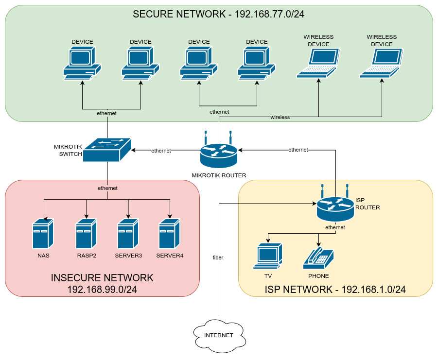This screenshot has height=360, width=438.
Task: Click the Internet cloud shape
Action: pyautogui.click(x=218, y=335)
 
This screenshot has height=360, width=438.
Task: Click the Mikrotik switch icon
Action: pyautogui.click(x=107, y=150)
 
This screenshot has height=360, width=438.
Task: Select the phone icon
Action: pyautogui.click(x=318, y=257)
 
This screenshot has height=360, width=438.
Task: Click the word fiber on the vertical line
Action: pyautogui.click(x=218, y=257)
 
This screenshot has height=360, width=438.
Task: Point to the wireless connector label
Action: pyautogui.click(x=280, y=117)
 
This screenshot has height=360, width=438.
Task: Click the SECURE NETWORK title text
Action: pyautogui.click(x=219, y=14)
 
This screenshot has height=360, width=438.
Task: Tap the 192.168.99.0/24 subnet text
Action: pyautogui.click(x=102, y=290)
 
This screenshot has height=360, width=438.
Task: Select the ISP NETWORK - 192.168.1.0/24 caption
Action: pyautogui.click(x=335, y=290)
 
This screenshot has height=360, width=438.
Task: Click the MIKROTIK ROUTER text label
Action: pyautogui.click(x=219, y=175)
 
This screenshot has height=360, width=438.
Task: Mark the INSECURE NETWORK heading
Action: pyautogui.click(x=102, y=278)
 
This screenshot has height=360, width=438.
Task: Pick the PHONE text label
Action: pyautogui.click(x=318, y=276)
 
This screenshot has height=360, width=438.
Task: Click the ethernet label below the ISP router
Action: pyautogui.click(x=335, y=227)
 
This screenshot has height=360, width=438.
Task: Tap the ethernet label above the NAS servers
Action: pyautogui.click(x=107, y=188)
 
